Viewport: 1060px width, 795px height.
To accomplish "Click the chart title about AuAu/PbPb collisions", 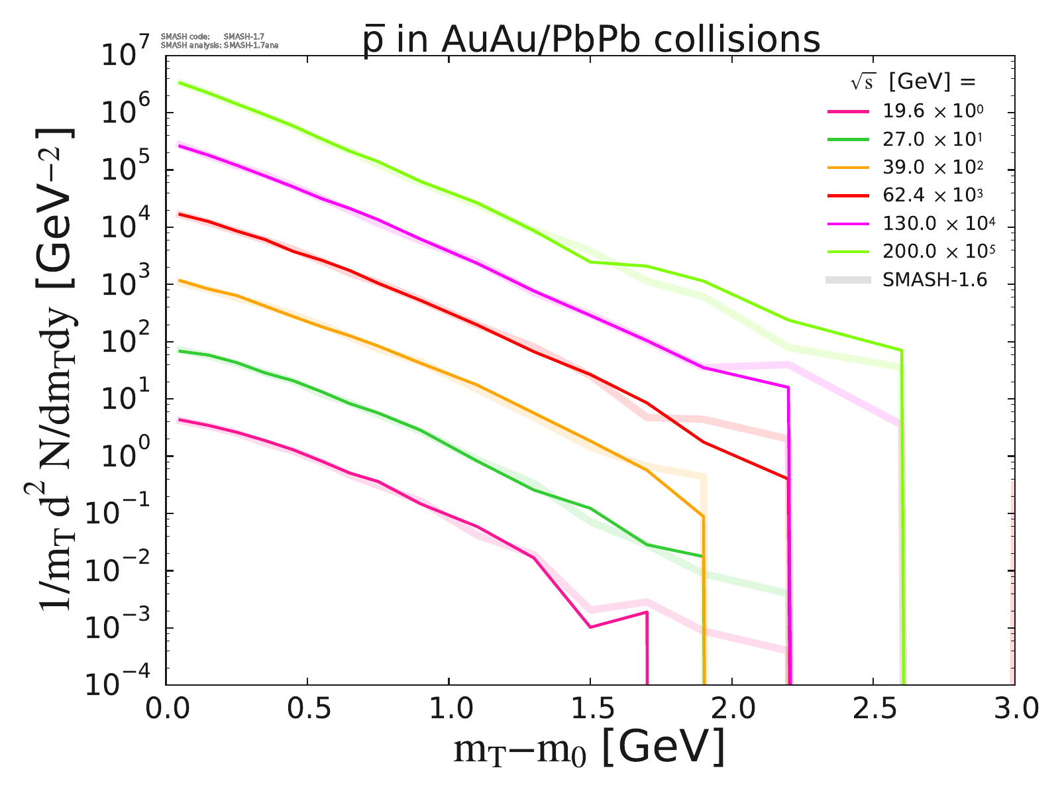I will pyautogui.click(x=591, y=40).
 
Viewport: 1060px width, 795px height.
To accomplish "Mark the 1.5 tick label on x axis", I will pyautogui.click(x=590, y=710).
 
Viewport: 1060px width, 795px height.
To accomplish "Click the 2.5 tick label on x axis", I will pyautogui.click(x=873, y=710).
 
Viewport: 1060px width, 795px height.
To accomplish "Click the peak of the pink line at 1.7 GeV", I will pyautogui.click(x=646, y=612).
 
